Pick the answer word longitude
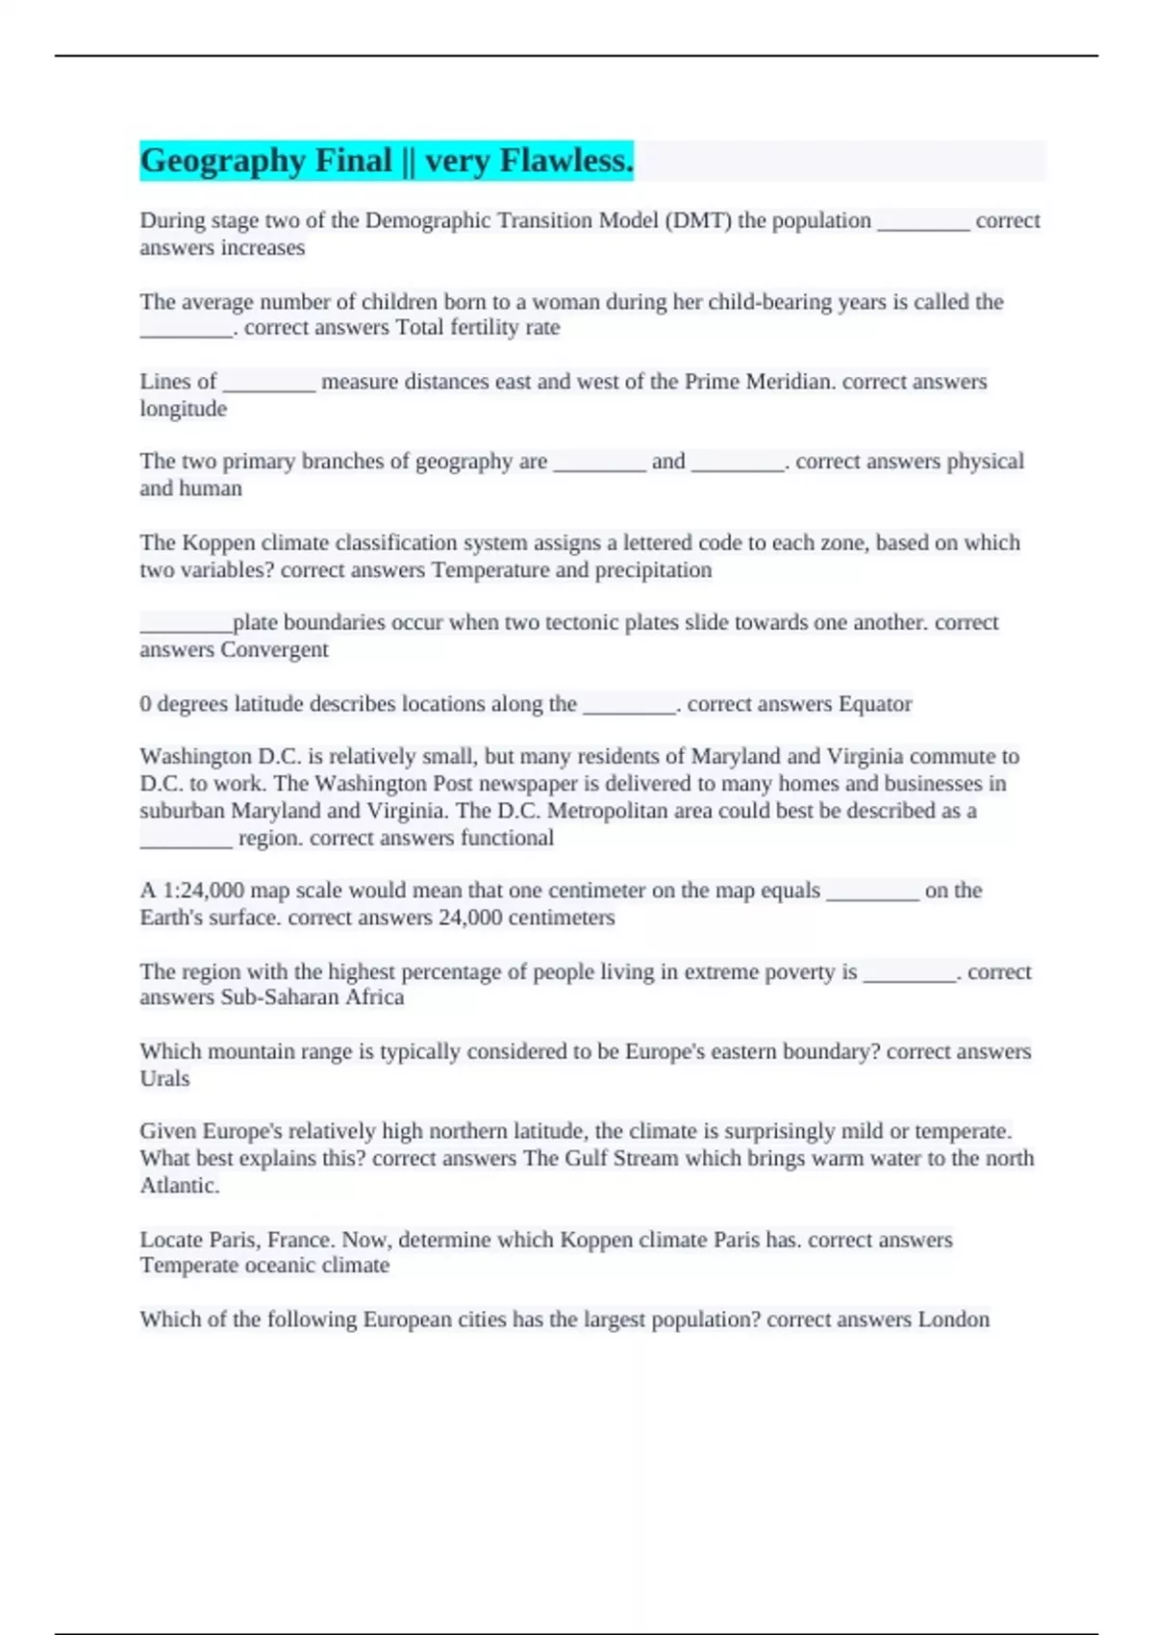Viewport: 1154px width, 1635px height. click(183, 409)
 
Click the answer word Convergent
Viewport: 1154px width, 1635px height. click(274, 650)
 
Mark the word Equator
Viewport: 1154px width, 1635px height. click(875, 704)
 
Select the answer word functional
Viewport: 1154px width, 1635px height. click(507, 838)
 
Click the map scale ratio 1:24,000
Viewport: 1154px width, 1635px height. click(202, 891)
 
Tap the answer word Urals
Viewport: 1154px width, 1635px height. click(164, 1078)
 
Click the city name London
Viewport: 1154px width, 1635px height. click(953, 1320)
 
